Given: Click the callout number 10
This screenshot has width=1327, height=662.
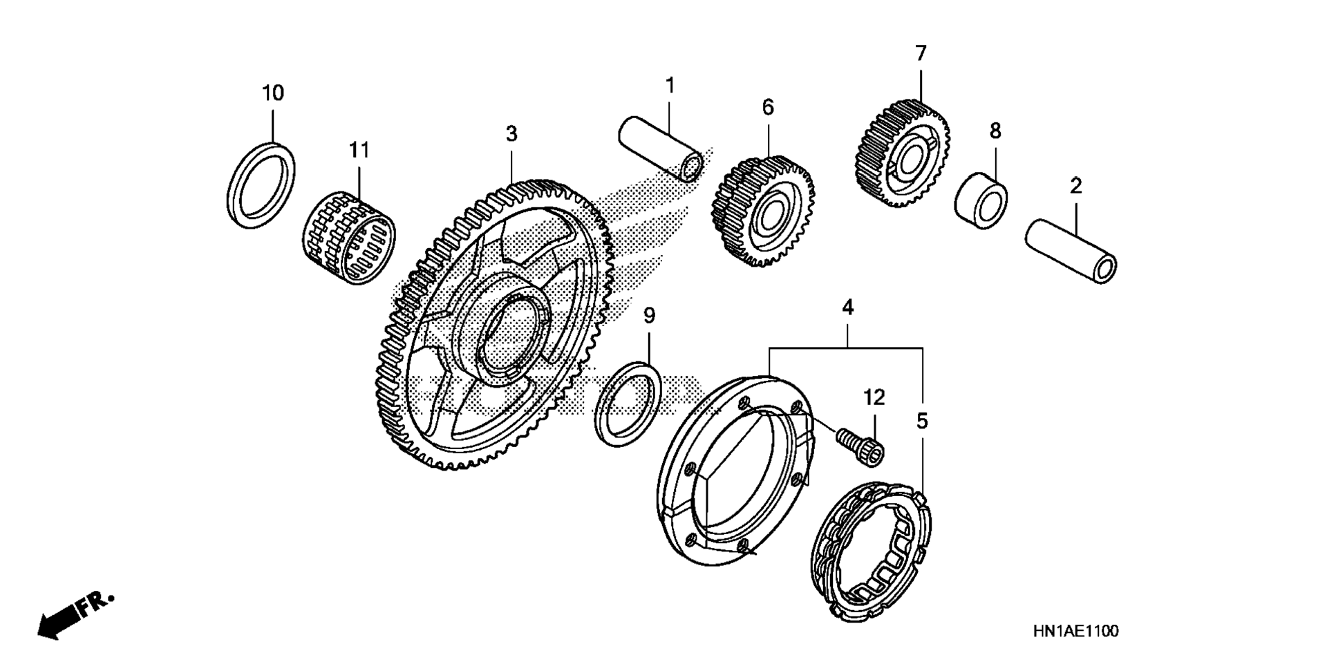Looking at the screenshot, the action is point(272,93).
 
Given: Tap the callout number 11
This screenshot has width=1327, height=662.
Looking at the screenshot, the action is point(359,150).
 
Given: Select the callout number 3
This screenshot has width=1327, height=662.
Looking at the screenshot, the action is point(511,134).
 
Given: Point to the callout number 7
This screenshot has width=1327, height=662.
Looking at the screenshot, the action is point(920,53).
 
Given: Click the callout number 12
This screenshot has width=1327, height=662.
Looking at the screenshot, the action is point(874,397).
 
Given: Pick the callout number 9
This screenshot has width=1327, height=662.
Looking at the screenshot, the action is point(649,316).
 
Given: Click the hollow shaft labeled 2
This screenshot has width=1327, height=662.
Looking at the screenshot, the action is point(1071,252).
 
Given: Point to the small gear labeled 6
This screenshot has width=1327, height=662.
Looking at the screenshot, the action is point(762,211).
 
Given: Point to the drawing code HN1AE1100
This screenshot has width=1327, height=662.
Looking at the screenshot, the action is point(1075,631).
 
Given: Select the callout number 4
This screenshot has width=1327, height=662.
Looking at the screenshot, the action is point(847,307).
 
